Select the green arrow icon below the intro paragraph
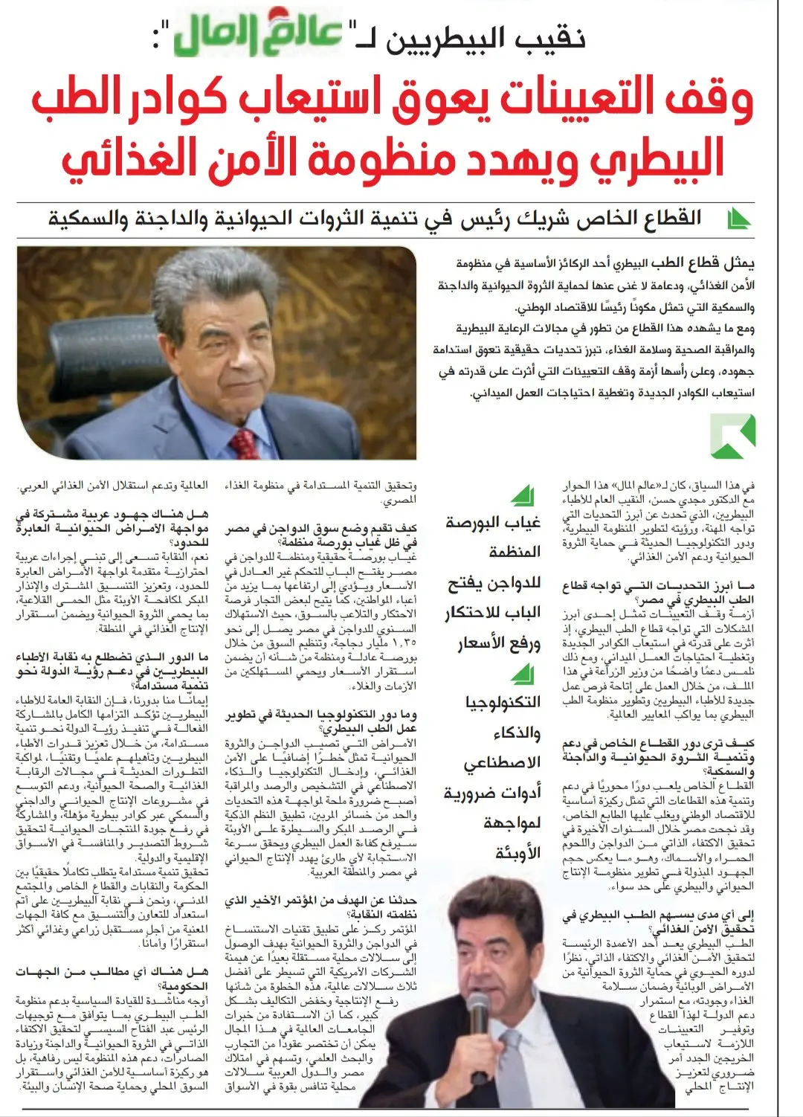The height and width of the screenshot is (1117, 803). [732, 437]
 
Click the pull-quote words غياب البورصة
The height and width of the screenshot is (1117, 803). [493, 523]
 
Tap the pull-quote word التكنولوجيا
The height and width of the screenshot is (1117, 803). [503, 702]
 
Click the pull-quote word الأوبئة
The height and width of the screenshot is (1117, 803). [518, 853]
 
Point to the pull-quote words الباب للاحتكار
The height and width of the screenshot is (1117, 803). [493, 613]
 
